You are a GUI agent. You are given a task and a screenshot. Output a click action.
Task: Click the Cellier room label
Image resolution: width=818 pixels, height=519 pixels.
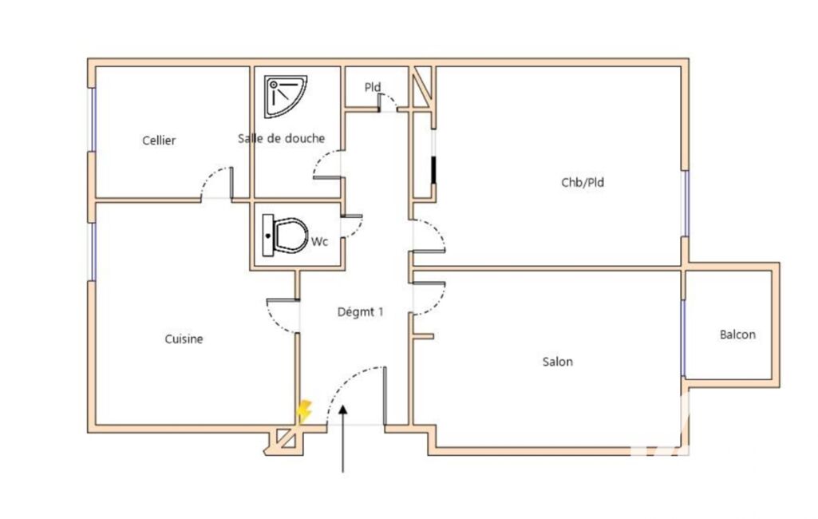tap(159, 141)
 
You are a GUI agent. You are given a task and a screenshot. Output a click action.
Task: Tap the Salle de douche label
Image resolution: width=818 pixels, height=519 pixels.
tap(281, 138)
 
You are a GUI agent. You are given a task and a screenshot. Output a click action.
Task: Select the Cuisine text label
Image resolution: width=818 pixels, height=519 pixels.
tap(184, 339)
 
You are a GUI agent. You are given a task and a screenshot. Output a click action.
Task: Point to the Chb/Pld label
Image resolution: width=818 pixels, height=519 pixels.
tap(583, 182)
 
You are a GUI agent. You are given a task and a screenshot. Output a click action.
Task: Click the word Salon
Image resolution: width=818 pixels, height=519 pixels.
tap(557, 362)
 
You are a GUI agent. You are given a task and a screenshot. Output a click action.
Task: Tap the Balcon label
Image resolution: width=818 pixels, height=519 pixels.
tap(737, 335)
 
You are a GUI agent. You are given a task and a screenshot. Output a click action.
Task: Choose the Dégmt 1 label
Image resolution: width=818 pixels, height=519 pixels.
tap(360, 311)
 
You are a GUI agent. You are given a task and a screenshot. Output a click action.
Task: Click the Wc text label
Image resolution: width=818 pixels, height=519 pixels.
tap(319, 242)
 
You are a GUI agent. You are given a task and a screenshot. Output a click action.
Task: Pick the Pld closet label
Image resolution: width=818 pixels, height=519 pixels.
tap(373, 87)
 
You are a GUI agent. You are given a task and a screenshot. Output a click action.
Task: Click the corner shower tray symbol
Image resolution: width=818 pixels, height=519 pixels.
tap(284, 97)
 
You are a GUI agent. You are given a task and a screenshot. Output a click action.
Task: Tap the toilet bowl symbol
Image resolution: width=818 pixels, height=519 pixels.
tap(285, 235)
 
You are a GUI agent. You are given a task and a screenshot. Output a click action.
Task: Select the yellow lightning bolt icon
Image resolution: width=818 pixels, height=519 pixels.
tap(304, 411)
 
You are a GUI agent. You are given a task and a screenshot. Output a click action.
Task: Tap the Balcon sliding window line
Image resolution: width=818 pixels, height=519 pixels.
tap(683, 338)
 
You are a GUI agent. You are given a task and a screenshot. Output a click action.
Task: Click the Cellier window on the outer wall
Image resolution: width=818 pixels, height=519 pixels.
tap(93, 120)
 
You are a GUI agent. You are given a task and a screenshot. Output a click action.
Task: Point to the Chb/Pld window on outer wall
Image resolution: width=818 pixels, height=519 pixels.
tap(686, 203)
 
